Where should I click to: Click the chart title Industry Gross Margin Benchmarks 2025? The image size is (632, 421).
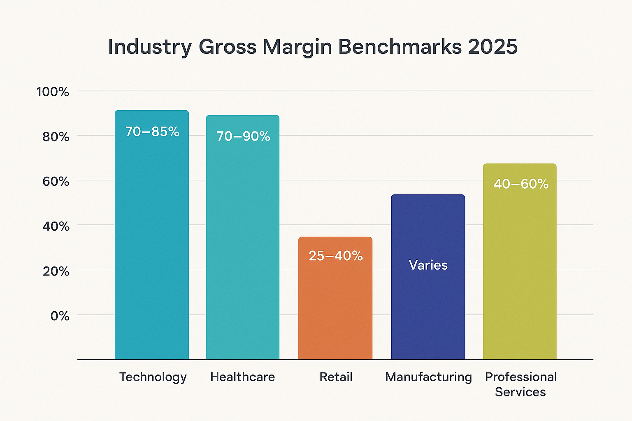(x=313, y=47)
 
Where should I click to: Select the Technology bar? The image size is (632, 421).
(x=151, y=247)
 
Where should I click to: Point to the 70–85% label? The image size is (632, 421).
(x=152, y=132)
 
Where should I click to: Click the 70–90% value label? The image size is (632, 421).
(x=243, y=136)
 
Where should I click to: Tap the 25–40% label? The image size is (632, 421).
(x=336, y=256)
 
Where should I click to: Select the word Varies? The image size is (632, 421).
(x=428, y=265)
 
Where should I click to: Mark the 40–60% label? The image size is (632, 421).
(x=521, y=184)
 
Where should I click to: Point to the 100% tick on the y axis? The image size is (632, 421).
(x=53, y=92)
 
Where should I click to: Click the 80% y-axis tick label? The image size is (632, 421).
(x=56, y=136)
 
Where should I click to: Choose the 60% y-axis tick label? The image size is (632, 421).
(x=56, y=181)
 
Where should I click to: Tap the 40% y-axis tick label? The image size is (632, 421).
(x=56, y=226)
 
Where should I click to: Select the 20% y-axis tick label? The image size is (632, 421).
(x=56, y=271)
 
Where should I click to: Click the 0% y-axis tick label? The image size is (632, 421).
(x=60, y=316)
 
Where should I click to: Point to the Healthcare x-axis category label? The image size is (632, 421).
(x=242, y=377)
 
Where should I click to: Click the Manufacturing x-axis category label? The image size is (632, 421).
(x=428, y=377)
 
